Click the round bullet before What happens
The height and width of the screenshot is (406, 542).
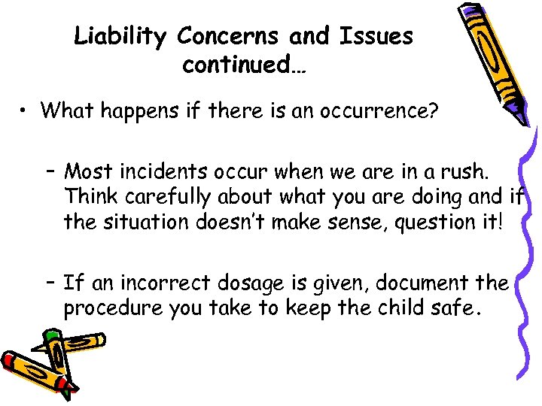[25, 111]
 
